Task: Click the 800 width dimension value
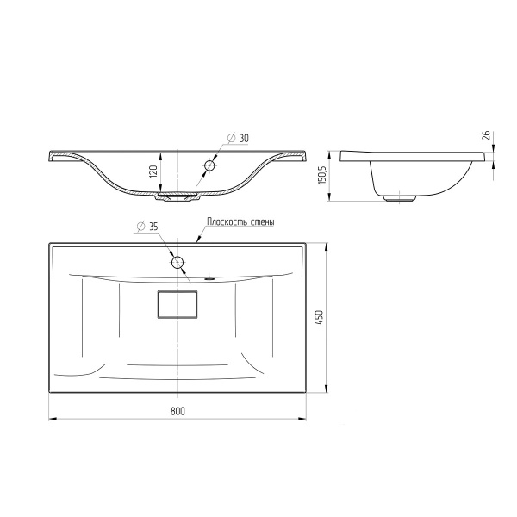point(178,411)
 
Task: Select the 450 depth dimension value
point(319,318)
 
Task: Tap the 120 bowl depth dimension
point(153,171)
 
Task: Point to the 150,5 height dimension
point(322,175)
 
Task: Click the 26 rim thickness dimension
point(487,135)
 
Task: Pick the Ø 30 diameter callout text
point(238,138)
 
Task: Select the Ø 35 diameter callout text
point(147,227)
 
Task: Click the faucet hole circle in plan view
point(178,263)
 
